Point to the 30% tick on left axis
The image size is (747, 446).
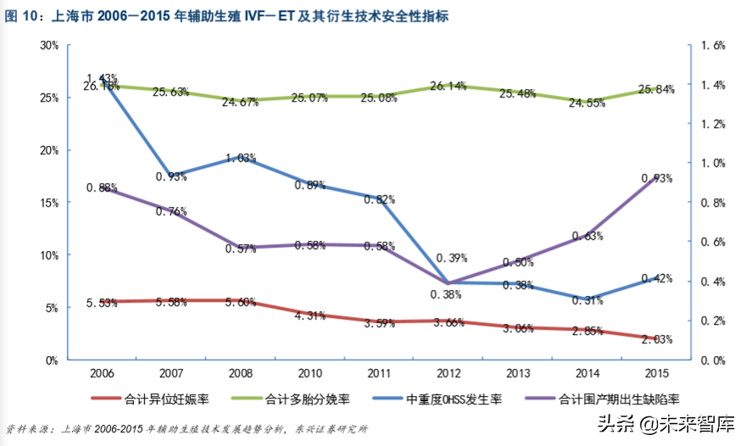point(49,46)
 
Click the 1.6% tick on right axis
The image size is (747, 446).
point(716,46)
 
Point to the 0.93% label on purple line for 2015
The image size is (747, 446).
point(657,178)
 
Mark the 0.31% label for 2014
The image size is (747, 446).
point(588,299)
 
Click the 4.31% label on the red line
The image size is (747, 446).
point(310,315)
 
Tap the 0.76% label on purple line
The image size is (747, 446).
point(171,211)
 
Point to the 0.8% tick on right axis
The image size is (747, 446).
point(716,203)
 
